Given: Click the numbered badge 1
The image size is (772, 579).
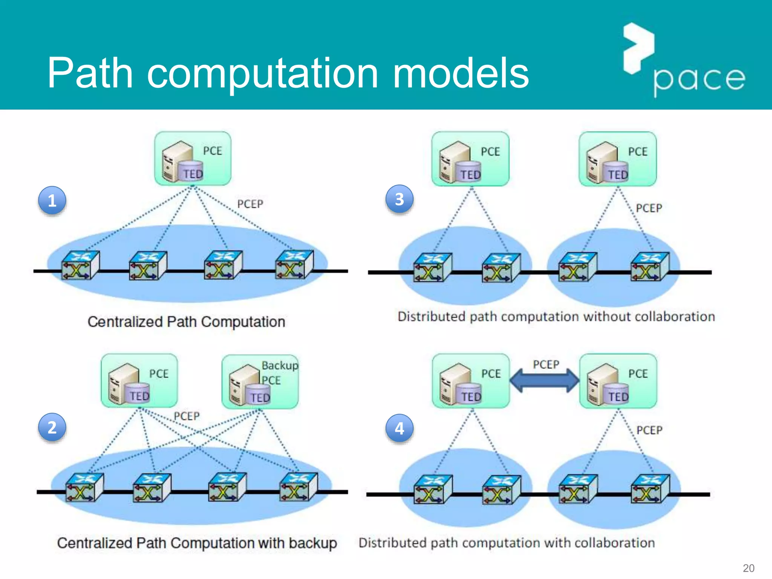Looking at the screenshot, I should click(52, 200).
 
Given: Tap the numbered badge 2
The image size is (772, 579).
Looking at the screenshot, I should click(52, 427).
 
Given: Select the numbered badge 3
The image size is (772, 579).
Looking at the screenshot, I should click(399, 199).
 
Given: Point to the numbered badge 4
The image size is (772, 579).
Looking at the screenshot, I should click(399, 428).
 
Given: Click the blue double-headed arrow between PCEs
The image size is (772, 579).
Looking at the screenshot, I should click(544, 380).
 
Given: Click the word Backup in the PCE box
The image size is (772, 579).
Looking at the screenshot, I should click(280, 365).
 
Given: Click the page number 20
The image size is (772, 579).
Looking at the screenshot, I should click(748, 568).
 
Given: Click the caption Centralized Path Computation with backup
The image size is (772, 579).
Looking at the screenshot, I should click(197, 543).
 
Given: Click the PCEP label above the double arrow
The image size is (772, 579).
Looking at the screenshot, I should click(546, 365).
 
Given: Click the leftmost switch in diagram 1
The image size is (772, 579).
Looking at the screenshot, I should click(80, 265).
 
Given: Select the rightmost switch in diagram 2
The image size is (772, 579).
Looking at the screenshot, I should click(298, 487).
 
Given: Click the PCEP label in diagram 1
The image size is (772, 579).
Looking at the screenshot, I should click(250, 204).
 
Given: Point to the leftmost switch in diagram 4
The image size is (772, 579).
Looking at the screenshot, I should click(432, 489).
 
